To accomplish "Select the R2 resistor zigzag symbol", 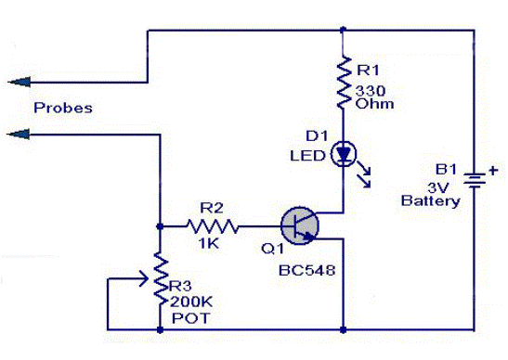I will tap(214, 225).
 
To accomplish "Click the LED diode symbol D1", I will tap(344, 152).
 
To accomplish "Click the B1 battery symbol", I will tap(475, 179).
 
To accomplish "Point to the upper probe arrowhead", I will tap(11, 82).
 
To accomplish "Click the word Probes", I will tap(62, 108).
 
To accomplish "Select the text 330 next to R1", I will tap(371, 90).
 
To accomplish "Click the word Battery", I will tap(430, 200).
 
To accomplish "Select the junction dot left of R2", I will tap(159, 225).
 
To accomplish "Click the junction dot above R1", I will tap(344, 30).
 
